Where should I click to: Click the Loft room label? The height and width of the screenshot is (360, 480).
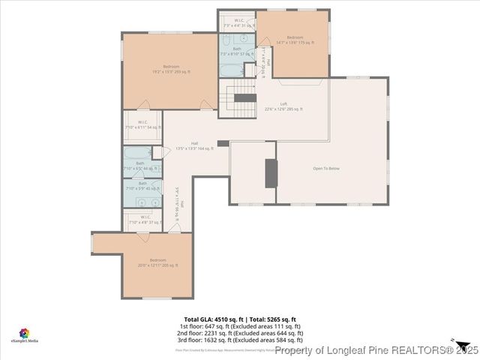pos(283,106)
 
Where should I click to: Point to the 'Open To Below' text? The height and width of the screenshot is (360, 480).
pos(327,168)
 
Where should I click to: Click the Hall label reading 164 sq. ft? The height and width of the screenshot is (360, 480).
pos(194,146)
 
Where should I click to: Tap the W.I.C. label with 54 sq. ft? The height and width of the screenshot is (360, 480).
pos(142,124)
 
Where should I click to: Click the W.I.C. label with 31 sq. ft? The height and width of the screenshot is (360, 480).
pos(238,22)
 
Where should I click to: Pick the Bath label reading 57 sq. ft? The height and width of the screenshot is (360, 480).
pos(237,51)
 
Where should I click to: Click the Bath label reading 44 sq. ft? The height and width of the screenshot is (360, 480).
pos(141,166)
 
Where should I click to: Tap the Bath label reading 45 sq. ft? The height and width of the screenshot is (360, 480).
pos(142,186)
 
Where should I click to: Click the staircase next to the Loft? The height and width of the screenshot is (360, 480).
pos(244,96)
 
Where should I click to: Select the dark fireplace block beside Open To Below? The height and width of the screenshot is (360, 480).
pos(271,172)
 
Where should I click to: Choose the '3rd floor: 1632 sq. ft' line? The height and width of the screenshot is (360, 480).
pos(240,340)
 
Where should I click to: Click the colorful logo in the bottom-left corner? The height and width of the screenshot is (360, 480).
pos(24,331)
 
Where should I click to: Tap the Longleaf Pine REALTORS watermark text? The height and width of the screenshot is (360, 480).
pos(375,349)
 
